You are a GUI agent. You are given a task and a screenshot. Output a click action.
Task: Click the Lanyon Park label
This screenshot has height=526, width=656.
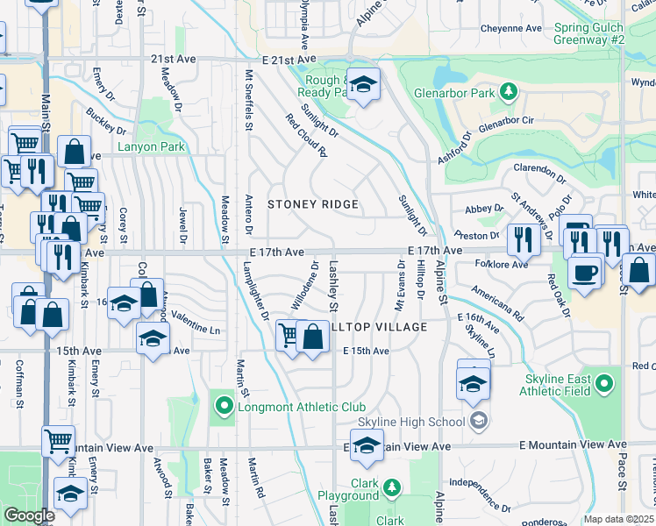[153, 146]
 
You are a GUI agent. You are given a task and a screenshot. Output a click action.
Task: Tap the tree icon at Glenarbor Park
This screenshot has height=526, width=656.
[507, 91]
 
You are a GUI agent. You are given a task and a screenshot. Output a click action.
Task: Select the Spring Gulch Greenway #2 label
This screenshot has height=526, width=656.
[589, 33]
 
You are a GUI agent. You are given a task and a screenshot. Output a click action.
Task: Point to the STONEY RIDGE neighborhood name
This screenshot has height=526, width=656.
[313, 204]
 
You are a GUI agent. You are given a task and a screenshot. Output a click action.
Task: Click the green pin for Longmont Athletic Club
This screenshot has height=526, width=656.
[224, 406]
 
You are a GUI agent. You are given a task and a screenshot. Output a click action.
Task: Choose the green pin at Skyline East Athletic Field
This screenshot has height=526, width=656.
[603, 384]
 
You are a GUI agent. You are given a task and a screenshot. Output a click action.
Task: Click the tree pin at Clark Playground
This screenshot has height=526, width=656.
[392, 487]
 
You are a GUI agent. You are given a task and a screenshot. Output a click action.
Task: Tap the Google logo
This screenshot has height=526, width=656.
[29, 515]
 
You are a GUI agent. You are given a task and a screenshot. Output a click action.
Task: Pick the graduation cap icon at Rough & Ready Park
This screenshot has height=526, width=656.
[363, 84]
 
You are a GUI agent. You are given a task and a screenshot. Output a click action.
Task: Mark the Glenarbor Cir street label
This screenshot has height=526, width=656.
[504, 122]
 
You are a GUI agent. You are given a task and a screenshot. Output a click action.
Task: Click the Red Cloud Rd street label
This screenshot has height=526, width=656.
[305, 135]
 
